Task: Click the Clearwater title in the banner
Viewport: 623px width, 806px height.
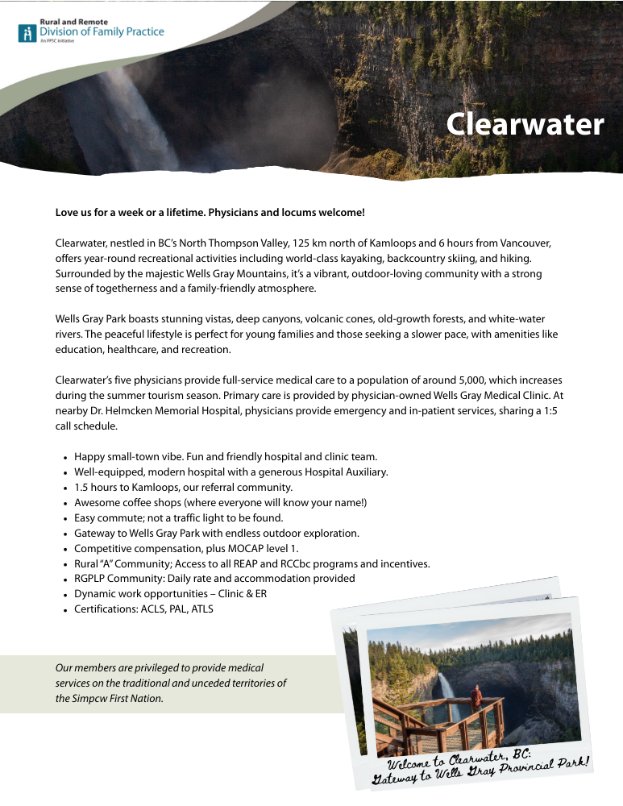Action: click(x=525, y=124)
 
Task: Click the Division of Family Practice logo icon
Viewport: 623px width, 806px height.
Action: click(x=28, y=33)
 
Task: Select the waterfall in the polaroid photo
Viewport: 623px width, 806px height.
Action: click(x=445, y=692)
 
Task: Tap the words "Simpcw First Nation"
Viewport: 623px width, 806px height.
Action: click(x=108, y=698)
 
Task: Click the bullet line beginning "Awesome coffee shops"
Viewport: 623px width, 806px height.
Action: click(x=220, y=502)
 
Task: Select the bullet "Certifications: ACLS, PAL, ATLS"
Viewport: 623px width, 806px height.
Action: click(x=143, y=609)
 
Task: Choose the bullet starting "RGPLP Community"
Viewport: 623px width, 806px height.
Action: click(x=214, y=579)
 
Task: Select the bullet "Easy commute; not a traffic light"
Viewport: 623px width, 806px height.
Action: click(x=178, y=517)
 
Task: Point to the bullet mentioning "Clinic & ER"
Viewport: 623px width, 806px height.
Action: click(x=170, y=594)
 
